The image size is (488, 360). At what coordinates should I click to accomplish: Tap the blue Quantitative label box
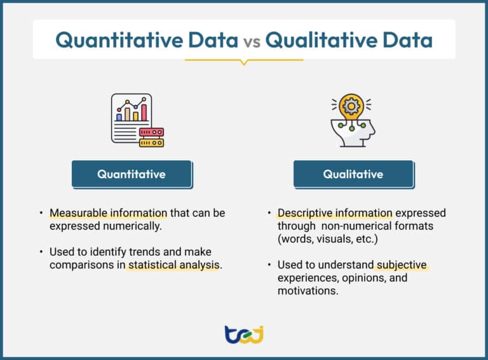[132, 174]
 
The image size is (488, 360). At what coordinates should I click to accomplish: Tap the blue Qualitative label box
[353, 174]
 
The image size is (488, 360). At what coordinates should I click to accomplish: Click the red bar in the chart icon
[144, 112]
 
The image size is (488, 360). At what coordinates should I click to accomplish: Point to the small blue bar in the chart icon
[119, 117]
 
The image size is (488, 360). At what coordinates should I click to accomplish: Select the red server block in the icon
[151, 132]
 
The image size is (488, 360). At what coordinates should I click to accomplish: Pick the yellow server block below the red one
[151, 142]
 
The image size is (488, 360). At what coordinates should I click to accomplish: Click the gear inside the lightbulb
[350, 106]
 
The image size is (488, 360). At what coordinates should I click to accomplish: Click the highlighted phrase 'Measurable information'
[108, 213]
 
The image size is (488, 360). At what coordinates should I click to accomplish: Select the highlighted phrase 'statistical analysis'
[174, 265]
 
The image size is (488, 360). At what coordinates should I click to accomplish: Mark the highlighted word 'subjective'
[401, 265]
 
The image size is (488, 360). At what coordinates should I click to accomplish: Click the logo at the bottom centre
[244, 334]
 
